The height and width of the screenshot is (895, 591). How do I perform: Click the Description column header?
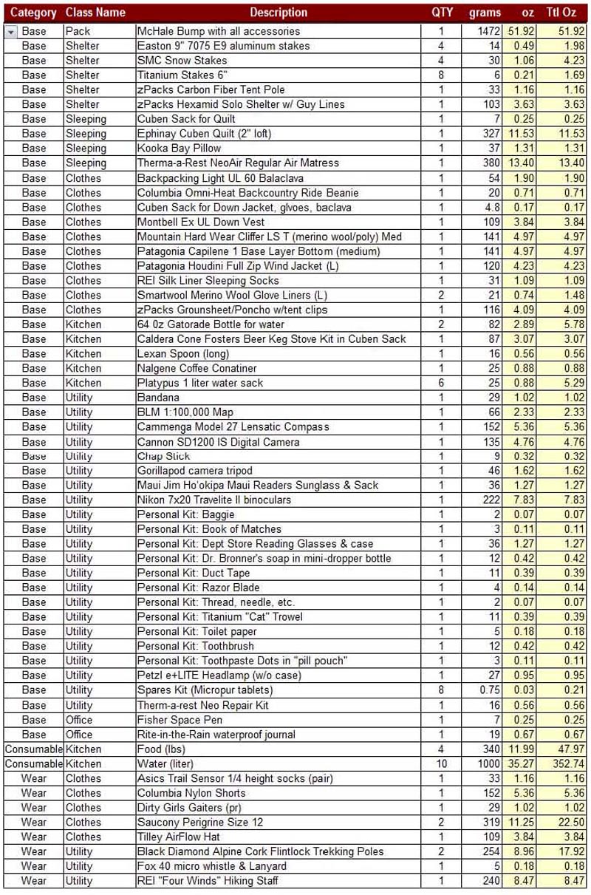point(278,13)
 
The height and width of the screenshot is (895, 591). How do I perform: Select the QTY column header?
point(442,13)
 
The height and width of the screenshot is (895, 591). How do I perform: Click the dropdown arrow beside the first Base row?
point(11,32)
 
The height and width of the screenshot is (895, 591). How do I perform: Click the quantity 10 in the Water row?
point(441,763)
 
